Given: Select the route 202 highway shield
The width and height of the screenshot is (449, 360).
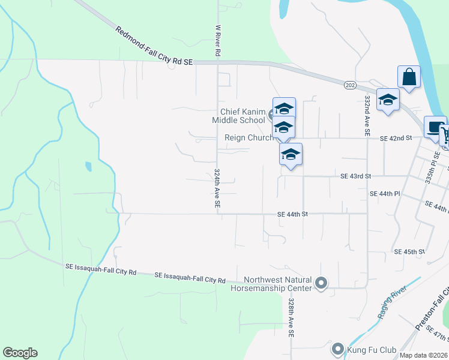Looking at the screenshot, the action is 350,86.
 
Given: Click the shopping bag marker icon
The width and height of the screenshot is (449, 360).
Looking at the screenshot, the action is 409,77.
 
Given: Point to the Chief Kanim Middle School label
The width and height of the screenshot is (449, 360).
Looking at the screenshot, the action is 243,116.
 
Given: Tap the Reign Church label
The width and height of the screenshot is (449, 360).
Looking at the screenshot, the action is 249,137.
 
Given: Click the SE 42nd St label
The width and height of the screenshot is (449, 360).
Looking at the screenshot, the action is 396,139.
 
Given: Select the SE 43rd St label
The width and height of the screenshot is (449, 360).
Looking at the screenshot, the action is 356,176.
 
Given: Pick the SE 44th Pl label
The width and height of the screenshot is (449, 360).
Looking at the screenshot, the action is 385,194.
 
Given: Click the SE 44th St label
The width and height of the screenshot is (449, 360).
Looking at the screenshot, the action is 292,214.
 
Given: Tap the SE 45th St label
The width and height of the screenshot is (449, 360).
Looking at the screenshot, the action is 409,251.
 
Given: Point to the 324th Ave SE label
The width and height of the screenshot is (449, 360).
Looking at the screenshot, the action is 217,189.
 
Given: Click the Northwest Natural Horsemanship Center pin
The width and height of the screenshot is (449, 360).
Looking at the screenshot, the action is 321,282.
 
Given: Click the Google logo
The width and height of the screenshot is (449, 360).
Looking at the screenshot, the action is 20,353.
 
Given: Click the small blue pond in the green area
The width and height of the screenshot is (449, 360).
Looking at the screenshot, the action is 89,166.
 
